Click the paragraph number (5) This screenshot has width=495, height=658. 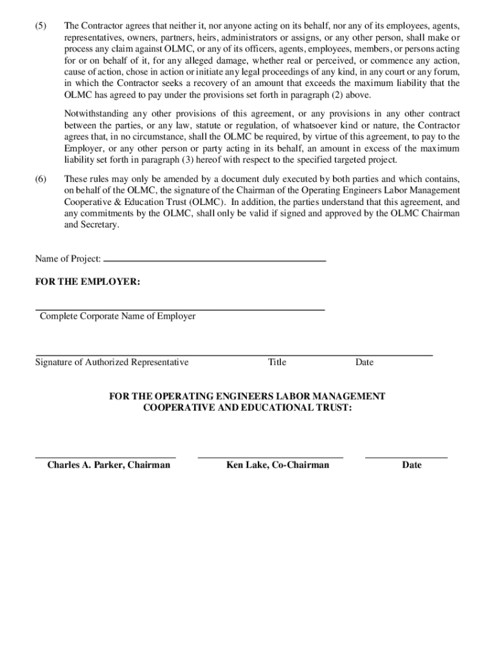pos(41,26)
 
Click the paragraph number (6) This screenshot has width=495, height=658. pos(41,179)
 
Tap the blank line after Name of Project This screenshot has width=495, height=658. pos(215,261)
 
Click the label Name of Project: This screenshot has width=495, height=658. pos(68,259)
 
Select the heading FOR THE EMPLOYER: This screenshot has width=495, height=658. pos(87,282)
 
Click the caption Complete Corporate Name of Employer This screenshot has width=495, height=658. pos(118,316)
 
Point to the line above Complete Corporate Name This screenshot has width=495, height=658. pos(180,310)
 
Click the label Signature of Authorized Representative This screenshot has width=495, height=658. pos(112,362)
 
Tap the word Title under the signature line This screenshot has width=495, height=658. pos(277,362)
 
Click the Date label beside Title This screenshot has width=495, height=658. pos(364,362)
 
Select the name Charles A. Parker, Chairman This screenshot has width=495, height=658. pos(109,465)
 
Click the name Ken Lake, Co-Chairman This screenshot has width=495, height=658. pos(278,465)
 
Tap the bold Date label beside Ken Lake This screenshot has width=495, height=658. pos(411,465)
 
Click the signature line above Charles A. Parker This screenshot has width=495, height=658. pos(105,458)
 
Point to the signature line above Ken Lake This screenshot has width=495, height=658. pos(271,458)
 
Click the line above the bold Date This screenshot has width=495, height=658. pos(406,458)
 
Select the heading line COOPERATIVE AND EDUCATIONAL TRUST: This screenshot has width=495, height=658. pos(248,408)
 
